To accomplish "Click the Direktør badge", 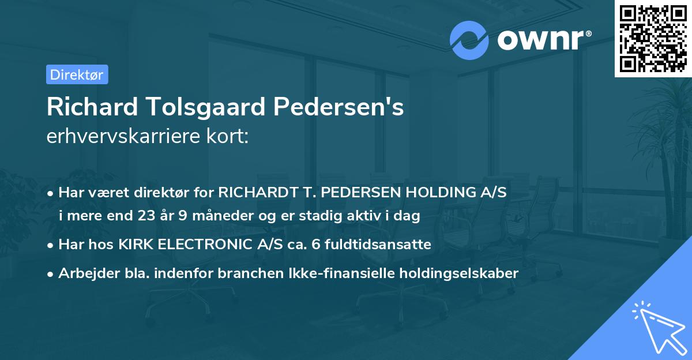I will pyautogui.click(x=77, y=74).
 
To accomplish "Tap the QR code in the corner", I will pyautogui.click(x=652, y=39).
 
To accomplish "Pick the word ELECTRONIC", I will pyautogui.click(x=200, y=245).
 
